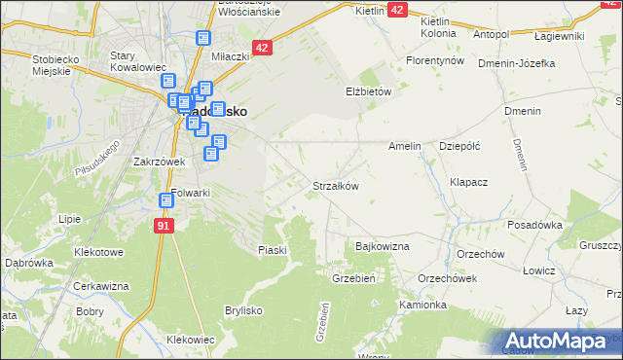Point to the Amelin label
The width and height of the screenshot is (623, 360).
coord(404,146)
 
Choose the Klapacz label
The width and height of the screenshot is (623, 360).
coord(468,182)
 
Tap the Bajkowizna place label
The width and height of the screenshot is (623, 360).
coord(383,247)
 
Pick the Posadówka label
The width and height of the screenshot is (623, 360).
coord(534,225)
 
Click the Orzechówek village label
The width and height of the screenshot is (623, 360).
coord(447,277)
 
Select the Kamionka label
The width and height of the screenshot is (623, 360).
coord(422,305)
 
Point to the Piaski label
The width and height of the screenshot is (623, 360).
coord(273,250)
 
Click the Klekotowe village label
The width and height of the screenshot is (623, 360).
coord(99,252)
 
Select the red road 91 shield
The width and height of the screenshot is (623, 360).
coord(164,226)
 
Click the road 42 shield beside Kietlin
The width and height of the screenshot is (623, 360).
coord(397,9)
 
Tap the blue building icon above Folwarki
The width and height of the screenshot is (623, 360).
coord(166,200)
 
